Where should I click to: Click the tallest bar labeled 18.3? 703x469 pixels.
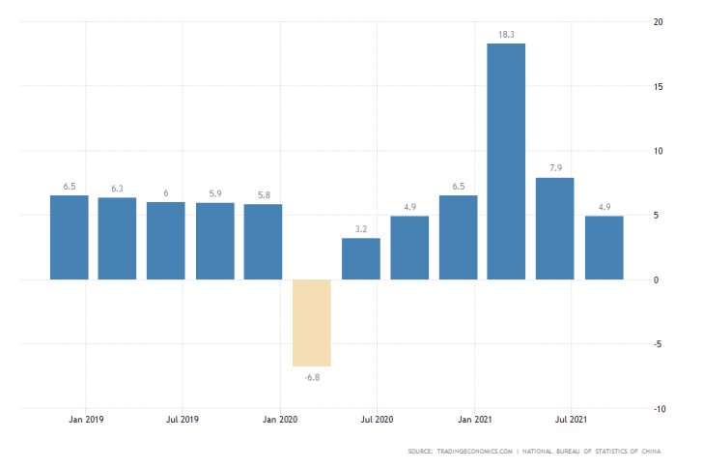click(506, 161)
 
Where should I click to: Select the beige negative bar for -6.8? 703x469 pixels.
click(312, 323)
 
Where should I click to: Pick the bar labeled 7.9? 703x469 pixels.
click(555, 228)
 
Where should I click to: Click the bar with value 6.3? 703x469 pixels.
click(117, 238)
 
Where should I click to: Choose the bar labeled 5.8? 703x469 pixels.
click(263, 242)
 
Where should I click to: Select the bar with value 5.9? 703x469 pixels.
click(214, 241)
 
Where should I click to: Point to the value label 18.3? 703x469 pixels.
click(506, 34)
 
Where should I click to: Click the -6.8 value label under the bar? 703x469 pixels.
click(312, 376)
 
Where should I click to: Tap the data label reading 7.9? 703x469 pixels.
click(555, 168)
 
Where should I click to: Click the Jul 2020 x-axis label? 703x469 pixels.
click(377, 420)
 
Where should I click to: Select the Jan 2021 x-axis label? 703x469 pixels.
click(474, 420)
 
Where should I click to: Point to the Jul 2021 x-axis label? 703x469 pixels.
click(572, 420)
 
